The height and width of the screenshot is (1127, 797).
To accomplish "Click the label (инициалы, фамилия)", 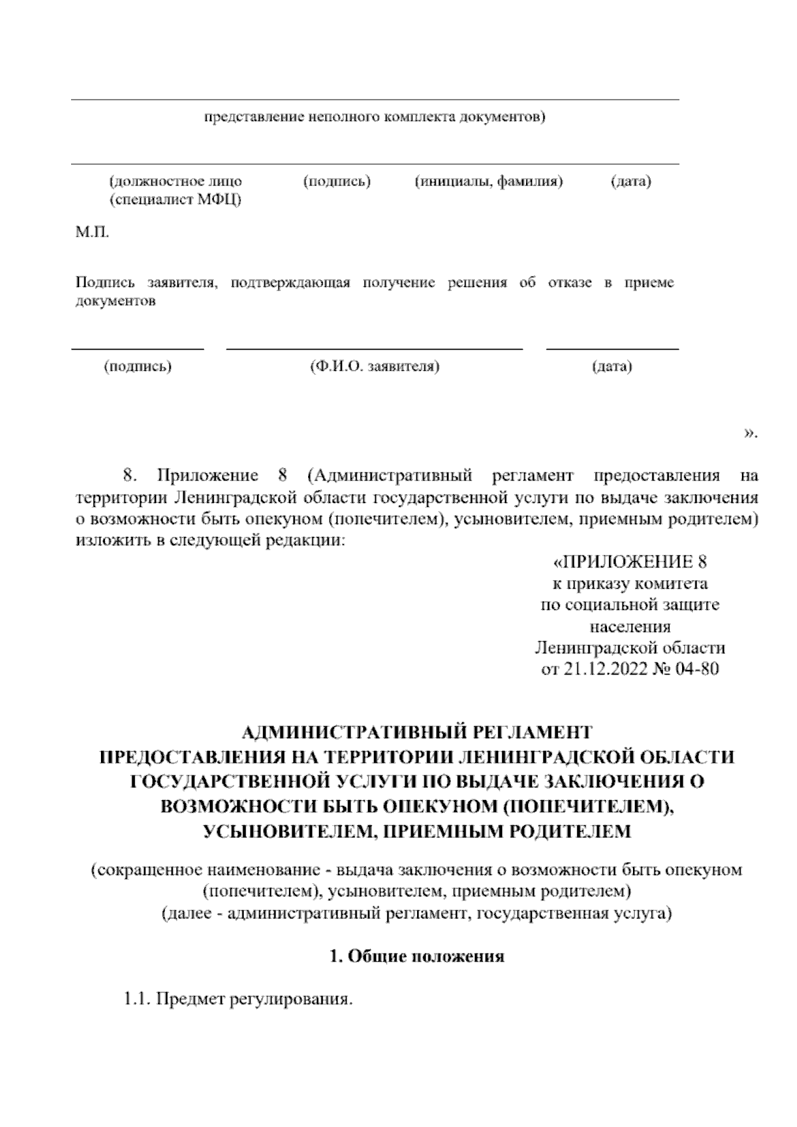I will (x=488, y=181).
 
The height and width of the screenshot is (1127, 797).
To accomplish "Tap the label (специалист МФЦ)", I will (x=175, y=200).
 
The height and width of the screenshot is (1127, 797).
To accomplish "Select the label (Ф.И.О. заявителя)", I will (x=375, y=366).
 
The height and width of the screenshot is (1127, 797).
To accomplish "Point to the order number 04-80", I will (x=695, y=669).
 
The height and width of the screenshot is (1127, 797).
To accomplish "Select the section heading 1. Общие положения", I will (x=417, y=956).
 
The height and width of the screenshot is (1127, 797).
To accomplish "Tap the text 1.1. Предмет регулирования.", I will (x=237, y=999).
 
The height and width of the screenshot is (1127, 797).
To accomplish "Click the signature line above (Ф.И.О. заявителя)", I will (x=375, y=348).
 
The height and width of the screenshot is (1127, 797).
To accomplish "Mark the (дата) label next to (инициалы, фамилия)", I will (x=630, y=181).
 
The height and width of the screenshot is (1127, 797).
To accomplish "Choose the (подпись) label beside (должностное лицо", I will (x=336, y=181).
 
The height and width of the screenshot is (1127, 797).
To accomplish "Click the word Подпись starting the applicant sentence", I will (x=102, y=283).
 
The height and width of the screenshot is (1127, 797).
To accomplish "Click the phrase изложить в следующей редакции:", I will (x=211, y=540).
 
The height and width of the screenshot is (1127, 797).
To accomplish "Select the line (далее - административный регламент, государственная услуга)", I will (x=416, y=914).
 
